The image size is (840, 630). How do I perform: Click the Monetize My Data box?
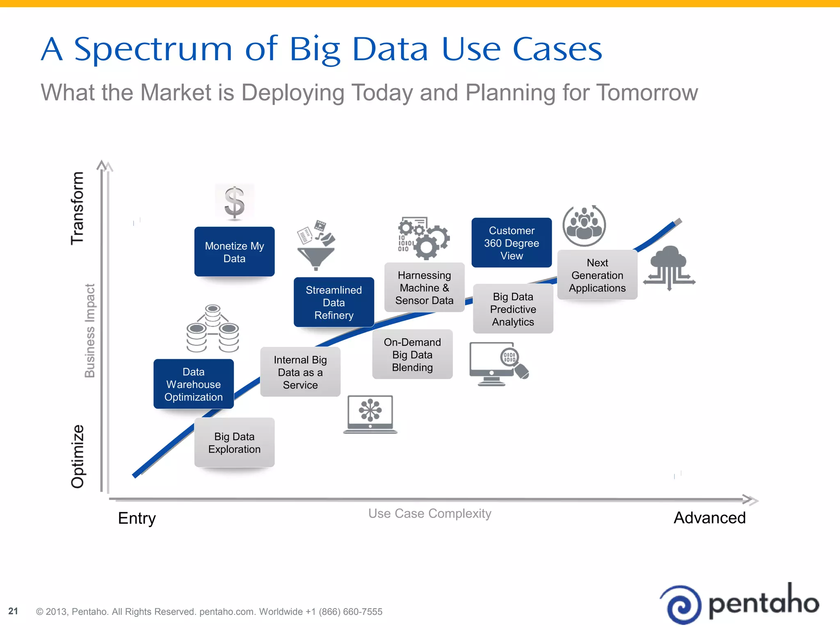coord(234,252)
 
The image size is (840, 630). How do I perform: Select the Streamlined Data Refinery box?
coord(333,302)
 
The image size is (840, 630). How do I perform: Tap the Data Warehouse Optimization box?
coord(193,384)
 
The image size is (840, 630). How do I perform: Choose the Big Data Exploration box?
coord(234,443)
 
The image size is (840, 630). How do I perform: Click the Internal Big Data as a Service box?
coord(300,372)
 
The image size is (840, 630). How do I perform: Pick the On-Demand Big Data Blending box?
coord(412,354)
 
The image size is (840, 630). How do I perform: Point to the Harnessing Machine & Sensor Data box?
coord(424,288)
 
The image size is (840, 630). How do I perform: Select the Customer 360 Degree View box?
coord(511,243)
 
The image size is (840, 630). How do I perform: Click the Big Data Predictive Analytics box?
coord(513,309)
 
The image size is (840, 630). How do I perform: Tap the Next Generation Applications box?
coord(597,275)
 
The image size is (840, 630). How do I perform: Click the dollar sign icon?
coord(235,202)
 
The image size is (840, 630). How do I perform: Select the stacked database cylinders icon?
coord(212,329)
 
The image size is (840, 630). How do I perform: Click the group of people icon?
coord(584,226)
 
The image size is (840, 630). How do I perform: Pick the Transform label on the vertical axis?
coord(77,208)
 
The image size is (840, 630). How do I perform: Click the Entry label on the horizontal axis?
coord(137,518)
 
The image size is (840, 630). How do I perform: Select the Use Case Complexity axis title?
coord(429,514)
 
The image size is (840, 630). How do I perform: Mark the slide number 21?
coord(13,611)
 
